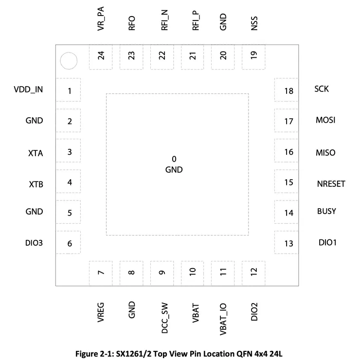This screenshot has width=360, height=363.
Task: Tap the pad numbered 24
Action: [x=101, y=56]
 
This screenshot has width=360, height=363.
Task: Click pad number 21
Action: [x=193, y=56]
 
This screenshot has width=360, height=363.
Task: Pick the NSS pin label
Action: [x=254, y=23]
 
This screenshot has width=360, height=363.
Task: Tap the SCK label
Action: [x=322, y=89]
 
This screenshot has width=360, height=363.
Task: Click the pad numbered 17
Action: [x=288, y=121]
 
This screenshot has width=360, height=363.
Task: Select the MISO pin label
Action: [x=325, y=152]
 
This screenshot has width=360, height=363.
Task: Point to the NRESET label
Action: [x=331, y=183]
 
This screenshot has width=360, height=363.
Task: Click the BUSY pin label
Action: [x=326, y=212]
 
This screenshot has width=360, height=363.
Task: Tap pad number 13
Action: [x=288, y=243]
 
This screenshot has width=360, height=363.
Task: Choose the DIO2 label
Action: [x=254, y=311]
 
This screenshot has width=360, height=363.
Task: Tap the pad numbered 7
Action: [x=101, y=272]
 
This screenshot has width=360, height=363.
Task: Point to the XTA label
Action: [x=36, y=153]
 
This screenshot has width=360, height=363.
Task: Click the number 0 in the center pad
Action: [x=174, y=159]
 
